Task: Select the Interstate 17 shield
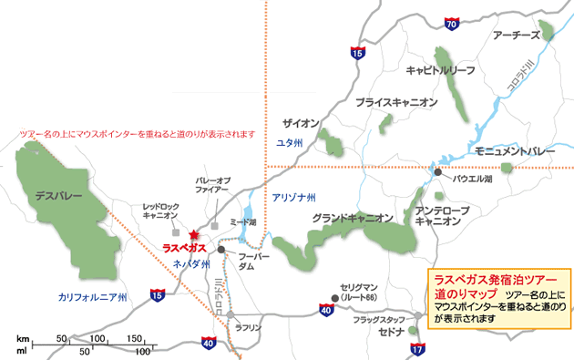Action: coord(418,349)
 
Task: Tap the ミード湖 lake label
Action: coord(243,223)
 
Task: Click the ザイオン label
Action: coord(300,123)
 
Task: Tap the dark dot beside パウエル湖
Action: coord(438,172)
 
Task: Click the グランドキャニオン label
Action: coord(352,218)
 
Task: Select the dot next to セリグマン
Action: coord(335,298)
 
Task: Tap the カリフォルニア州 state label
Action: coord(93,297)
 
